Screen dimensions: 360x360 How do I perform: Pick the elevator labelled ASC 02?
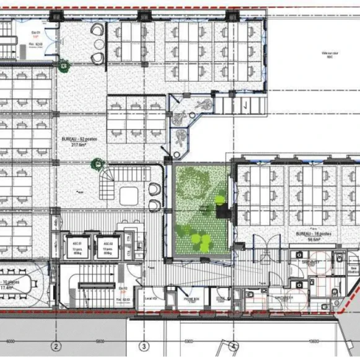[x=107, y=245]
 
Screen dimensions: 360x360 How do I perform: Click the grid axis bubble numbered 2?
[x=56, y=346]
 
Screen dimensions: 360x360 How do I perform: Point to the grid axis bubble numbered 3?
[x=144, y=346]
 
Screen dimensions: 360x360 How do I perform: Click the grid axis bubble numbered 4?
[x=234, y=346]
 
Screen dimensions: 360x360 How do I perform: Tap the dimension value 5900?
[x=190, y=341]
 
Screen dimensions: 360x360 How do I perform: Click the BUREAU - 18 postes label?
[x=310, y=234]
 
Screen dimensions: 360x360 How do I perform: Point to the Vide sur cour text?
[x=320, y=55]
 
